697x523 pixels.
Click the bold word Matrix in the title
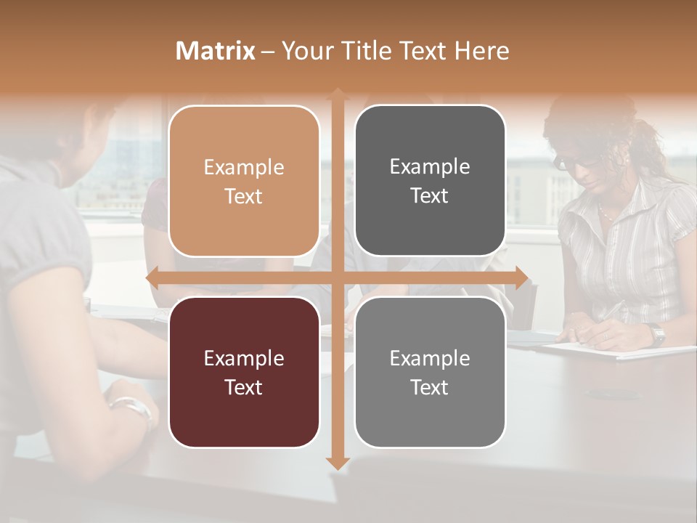pyautogui.click(x=216, y=51)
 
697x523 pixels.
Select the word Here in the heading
pyautogui.click(x=481, y=51)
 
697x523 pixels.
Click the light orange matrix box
pyautogui.click(x=244, y=181)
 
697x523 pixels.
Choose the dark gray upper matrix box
pyautogui.click(x=430, y=181)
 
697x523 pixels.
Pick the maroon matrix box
pyautogui.click(x=244, y=372)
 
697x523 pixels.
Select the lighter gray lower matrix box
pyautogui.click(x=430, y=372)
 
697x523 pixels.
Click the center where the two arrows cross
pyautogui.click(x=338, y=278)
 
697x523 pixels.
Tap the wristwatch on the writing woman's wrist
pyautogui.click(x=657, y=334)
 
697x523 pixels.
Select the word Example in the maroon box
pyautogui.click(x=244, y=358)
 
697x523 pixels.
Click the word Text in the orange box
pyautogui.click(x=244, y=197)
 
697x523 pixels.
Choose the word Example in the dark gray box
pyautogui.click(x=430, y=167)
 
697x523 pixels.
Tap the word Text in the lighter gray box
pyautogui.click(x=430, y=387)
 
